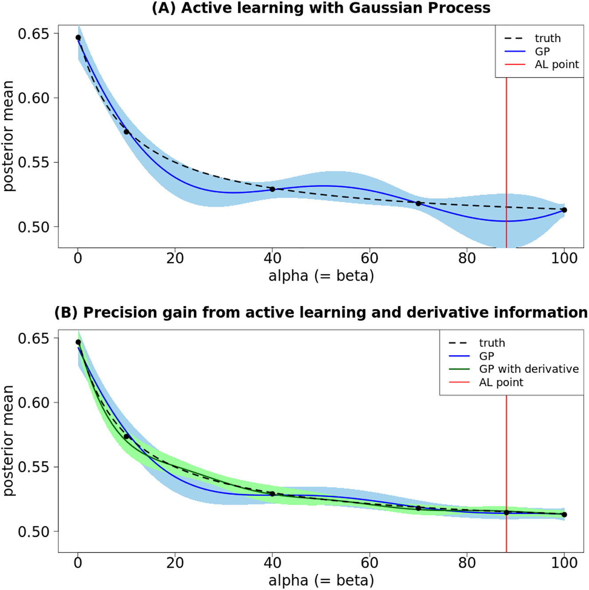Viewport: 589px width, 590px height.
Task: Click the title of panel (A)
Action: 321,8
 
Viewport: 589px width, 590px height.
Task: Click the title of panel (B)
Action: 321,313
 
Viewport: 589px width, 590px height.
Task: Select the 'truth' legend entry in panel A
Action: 547,39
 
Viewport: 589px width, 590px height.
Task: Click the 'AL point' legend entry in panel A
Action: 556,65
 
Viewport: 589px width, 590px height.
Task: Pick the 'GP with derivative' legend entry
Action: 529,369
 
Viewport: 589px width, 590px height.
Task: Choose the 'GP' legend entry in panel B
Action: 487,356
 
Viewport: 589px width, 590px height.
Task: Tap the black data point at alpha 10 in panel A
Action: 126,132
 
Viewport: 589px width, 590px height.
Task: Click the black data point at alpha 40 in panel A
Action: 272,189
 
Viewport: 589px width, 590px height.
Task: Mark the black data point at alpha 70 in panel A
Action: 418,203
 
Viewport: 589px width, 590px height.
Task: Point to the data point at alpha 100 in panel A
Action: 564,210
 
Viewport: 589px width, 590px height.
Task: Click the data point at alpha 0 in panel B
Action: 78,342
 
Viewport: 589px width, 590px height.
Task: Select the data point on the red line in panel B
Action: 507,512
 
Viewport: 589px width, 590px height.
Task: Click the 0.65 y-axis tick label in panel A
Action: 33,34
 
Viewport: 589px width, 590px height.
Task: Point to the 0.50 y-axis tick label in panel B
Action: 33,531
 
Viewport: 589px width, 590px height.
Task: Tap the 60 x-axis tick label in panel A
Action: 369,258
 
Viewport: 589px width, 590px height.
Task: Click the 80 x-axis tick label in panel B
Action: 467,563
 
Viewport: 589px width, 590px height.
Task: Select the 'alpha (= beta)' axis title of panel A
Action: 321,276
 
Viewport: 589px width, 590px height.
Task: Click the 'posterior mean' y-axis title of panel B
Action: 8,441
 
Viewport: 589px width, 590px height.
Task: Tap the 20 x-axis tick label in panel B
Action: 175,563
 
